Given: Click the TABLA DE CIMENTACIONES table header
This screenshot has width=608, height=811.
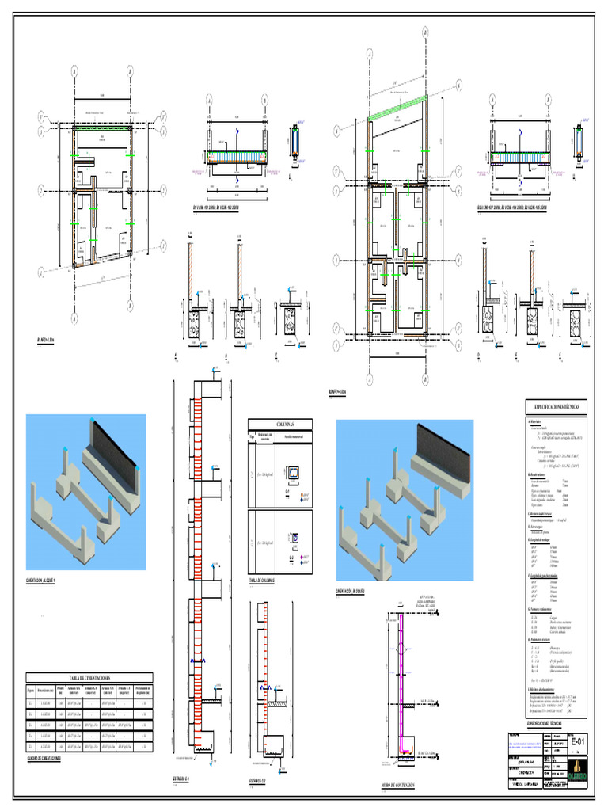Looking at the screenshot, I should click(89, 679).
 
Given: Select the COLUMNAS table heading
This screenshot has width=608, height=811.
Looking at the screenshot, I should click(279, 425).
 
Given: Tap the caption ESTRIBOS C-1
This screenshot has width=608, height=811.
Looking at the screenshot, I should click(184, 779).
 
